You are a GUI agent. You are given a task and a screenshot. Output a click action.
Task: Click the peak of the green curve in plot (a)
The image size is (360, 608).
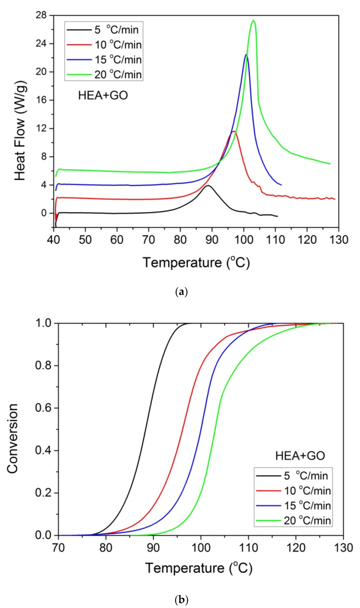[x=253, y=21]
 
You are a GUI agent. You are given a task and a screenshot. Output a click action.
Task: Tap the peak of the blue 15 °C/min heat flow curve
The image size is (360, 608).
[x=246, y=55]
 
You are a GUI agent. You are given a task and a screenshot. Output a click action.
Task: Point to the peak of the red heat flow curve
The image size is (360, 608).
[x=234, y=131]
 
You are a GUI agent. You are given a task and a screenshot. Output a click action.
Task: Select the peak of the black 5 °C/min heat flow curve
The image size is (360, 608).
[x=208, y=185]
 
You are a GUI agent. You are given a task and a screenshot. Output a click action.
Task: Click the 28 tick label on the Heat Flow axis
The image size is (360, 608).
[x=41, y=15]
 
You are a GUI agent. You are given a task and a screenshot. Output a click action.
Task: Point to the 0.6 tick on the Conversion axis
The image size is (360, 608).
[x=42, y=408]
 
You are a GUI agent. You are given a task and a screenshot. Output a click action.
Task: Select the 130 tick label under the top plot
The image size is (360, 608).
[x=339, y=240]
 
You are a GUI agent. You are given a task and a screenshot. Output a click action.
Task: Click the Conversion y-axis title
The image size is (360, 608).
[x=12, y=438]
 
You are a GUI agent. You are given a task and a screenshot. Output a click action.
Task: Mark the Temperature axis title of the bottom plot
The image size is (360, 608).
[x=199, y=568]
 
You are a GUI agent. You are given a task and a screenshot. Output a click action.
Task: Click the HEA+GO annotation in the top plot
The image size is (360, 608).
[x=103, y=95]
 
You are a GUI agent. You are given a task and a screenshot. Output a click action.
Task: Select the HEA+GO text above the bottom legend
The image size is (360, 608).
[x=300, y=456]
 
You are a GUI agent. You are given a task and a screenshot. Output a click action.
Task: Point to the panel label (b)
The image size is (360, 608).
[x=181, y=600]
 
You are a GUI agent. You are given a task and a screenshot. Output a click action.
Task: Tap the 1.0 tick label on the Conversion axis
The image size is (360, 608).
[x=42, y=323]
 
